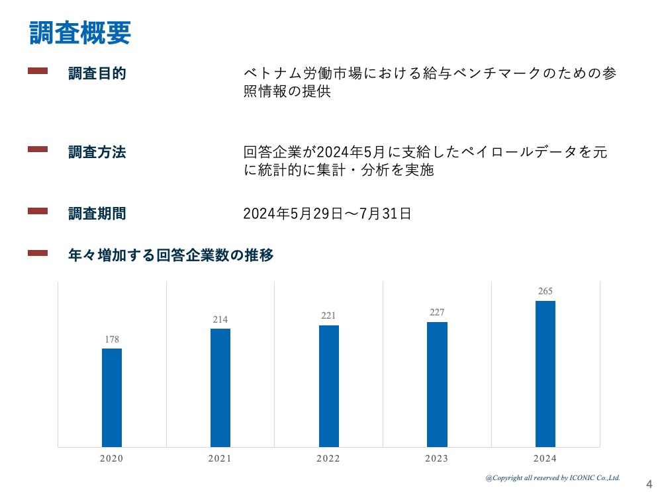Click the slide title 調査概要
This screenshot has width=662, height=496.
point(80,33)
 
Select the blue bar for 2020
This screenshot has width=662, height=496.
point(112,397)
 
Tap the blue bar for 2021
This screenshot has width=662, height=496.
point(220,388)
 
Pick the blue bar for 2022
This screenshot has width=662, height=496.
point(328,386)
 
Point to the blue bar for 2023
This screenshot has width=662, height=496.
point(437,384)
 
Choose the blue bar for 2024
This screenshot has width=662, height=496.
point(545,374)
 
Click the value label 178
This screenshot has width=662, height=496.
point(112,340)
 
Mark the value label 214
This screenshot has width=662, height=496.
point(220,320)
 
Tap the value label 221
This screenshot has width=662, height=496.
point(328,316)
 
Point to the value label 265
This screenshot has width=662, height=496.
point(545,292)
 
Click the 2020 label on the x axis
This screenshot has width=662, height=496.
point(112,459)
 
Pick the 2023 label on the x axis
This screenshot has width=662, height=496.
point(437,459)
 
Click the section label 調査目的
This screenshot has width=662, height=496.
point(97,73)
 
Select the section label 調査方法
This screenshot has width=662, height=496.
point(97,152)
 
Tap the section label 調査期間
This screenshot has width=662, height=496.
point(97,214)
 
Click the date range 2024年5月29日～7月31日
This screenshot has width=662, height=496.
point(327,214)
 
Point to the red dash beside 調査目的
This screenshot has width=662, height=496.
point(38,71)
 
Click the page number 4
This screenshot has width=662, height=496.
point(648,483)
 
